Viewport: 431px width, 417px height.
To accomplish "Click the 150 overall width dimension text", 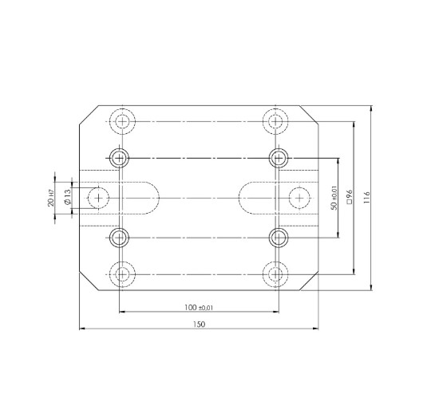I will pyautogui.click(x=199, y=324).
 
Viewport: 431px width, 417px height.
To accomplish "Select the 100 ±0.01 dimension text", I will pyautogui.click(x=199, y=307).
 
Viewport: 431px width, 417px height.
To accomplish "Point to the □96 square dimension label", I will pyautogui.click(x=350, y=197).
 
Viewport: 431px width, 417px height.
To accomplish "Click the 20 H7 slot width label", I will pyautogui.click(x=50, y=197).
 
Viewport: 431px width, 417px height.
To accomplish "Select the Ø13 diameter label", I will pyautogui.click(x=69, y=197).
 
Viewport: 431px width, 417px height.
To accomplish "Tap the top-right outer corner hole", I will pyautogui.click(x=275, y=121).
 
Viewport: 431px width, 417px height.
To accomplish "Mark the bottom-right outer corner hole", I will pyautogui.click(x=275, y=274).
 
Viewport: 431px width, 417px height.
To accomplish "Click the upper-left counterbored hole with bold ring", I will pyautogui.click(x=120, y=157).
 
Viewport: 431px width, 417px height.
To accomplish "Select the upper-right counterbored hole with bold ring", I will pyautogui.click(x=278, y=157).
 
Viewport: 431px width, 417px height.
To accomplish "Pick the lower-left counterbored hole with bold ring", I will pyautogui.click(x=120, y=237).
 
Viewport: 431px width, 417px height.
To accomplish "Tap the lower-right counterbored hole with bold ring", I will pyautogui.click(x=278, y=237).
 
